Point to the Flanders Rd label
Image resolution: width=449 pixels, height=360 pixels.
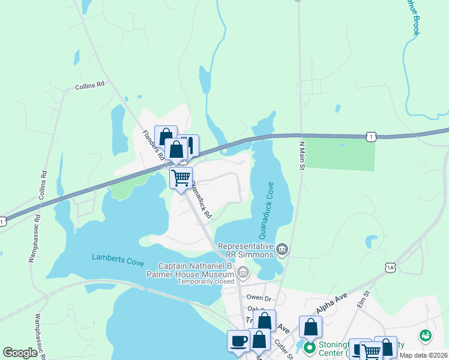pos(152,145)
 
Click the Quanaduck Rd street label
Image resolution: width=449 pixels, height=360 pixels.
pos(199,201)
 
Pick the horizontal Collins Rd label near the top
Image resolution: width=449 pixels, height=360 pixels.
pos(90,86)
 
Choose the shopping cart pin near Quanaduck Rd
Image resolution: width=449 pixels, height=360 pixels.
pos(181,178)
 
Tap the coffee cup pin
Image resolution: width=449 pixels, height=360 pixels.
pos(238,341)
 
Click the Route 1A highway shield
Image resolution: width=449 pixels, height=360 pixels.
pos(391,266)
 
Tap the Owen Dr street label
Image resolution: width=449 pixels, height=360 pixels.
pos(259,297)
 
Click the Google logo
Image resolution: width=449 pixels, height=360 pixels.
pos(20,352)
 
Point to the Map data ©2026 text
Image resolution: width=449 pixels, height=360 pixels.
pos(423,355)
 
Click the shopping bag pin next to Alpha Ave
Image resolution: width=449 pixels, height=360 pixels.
pos(310,327)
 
